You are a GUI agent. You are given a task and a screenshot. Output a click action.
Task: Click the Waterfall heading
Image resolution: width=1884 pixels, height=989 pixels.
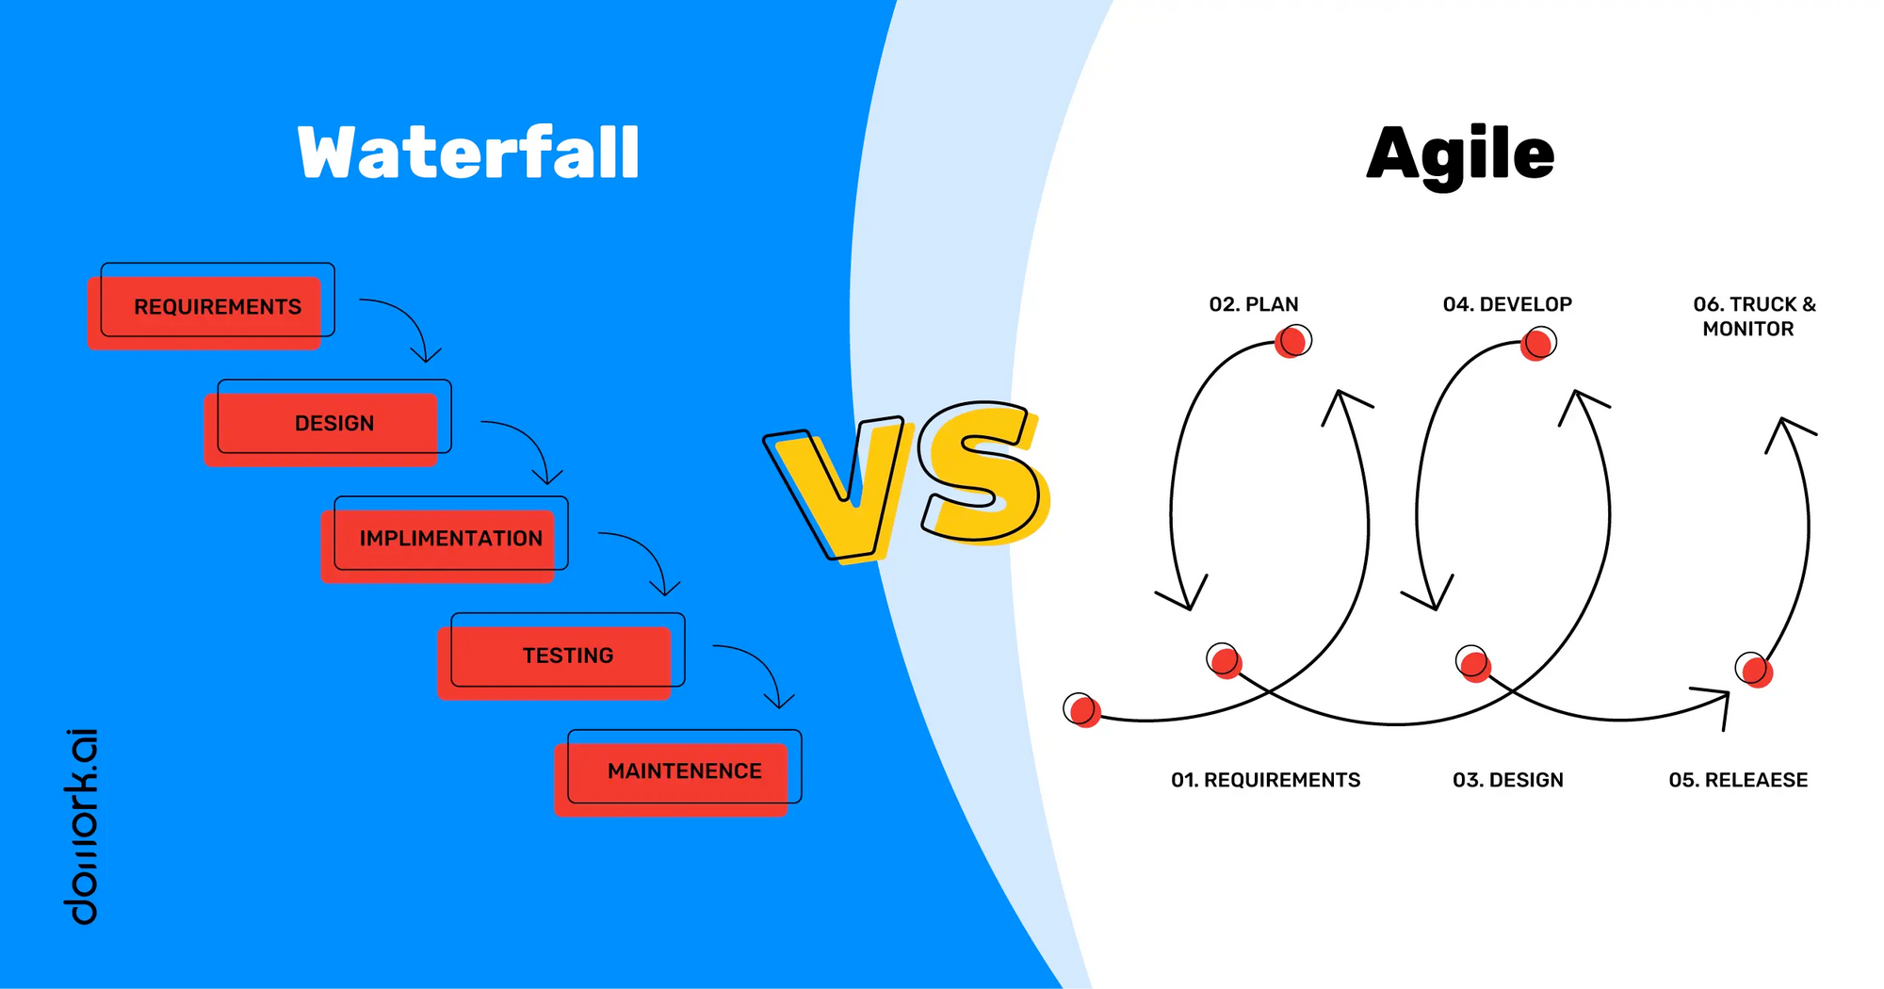click(x=468, y=153)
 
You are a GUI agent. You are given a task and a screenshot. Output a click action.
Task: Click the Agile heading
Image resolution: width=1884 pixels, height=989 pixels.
click(x=1460, y=155)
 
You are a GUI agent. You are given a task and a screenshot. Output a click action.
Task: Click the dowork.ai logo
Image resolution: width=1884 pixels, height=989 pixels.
click(x=81, y=826)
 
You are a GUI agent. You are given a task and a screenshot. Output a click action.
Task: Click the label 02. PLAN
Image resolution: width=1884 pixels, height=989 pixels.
click(x=1254, y=304)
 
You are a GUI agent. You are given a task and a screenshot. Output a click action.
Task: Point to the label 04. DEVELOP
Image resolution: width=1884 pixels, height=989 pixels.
click(x=1507, y=304)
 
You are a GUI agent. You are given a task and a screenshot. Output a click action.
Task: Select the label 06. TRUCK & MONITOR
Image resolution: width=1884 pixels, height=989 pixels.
click(x=1754, y=316)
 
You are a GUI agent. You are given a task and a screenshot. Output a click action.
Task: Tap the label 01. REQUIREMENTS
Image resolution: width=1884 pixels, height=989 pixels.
click(x=1266, y=780)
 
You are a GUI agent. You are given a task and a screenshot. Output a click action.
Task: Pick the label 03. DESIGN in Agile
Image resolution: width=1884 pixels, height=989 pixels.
click(x=1508, y=780)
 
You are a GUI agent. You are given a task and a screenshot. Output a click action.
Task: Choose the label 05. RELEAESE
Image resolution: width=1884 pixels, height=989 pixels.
click(x=1738, y=780)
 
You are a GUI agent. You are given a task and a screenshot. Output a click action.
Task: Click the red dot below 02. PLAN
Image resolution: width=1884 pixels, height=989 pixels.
click(x=1291, y=342)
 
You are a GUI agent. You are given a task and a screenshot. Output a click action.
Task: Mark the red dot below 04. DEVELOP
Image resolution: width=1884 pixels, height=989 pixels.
click(x=1537, y=344)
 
